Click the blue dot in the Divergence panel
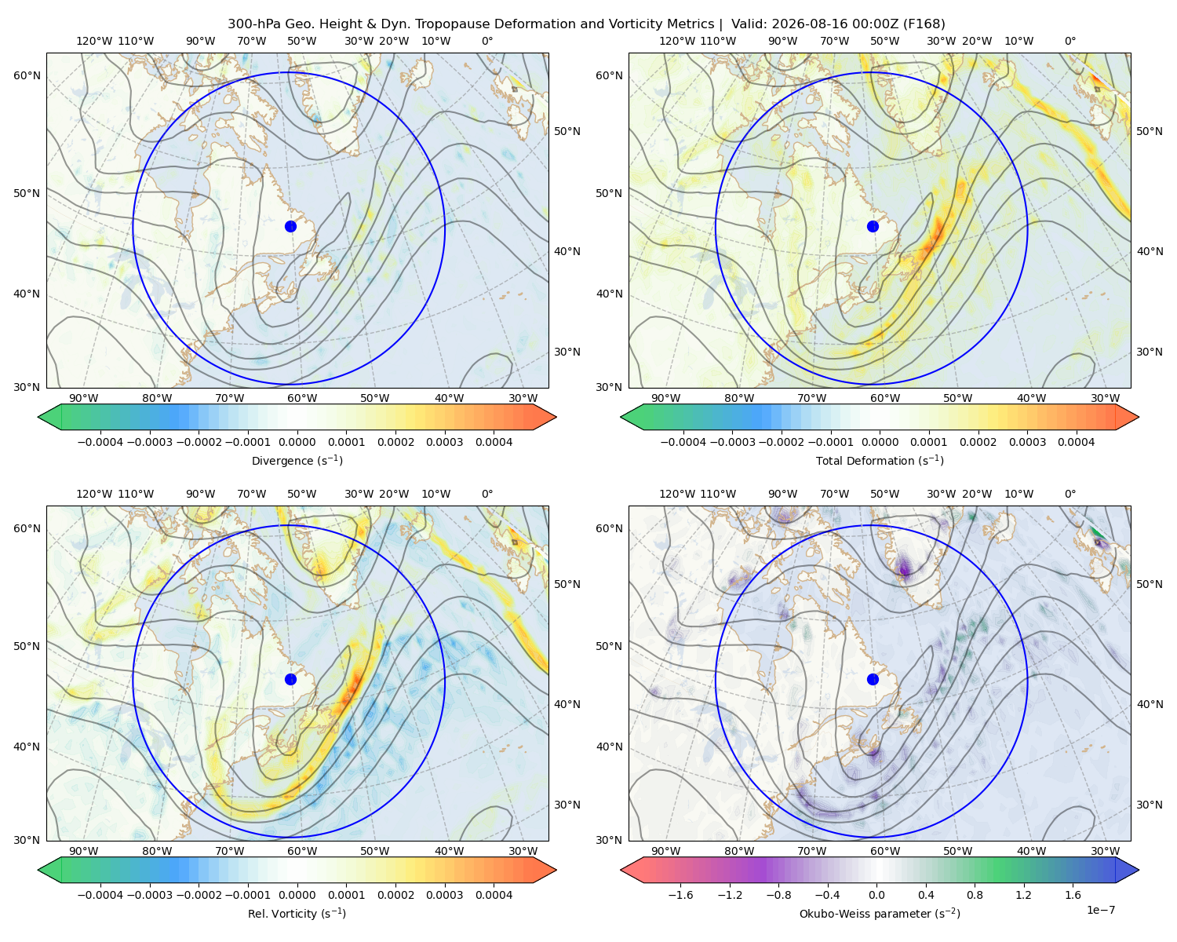(290, 227)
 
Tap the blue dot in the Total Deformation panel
(873, 227)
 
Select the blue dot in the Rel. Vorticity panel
(290, 679)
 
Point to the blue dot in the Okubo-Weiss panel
(873, 679)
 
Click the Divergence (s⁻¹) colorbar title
(297, 461)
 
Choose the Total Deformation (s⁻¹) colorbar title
(880, 461)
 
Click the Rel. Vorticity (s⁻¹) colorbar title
(297, 914)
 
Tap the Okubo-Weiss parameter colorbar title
(880, 914)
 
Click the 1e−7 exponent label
(1100, 910)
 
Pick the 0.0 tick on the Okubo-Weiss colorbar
(876, 895)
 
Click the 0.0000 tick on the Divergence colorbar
(297, 442)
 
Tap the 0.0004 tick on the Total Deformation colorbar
(1076, 442)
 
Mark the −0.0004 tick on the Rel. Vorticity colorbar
(100, 895)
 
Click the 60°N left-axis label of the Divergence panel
(27, 75)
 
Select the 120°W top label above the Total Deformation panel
(677, 41)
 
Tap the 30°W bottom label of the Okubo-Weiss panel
(1106, 851)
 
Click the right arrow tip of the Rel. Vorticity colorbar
(556, 871)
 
